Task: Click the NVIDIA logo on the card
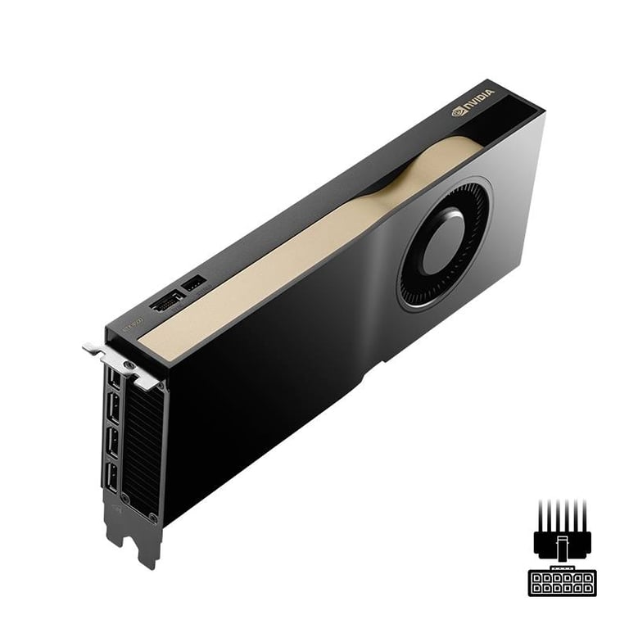474,105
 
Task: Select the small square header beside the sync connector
193,285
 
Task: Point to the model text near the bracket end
133,322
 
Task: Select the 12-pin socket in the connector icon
560,582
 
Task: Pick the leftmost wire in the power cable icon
540,512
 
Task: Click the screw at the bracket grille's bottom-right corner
153,515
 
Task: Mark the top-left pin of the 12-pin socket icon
536,577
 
